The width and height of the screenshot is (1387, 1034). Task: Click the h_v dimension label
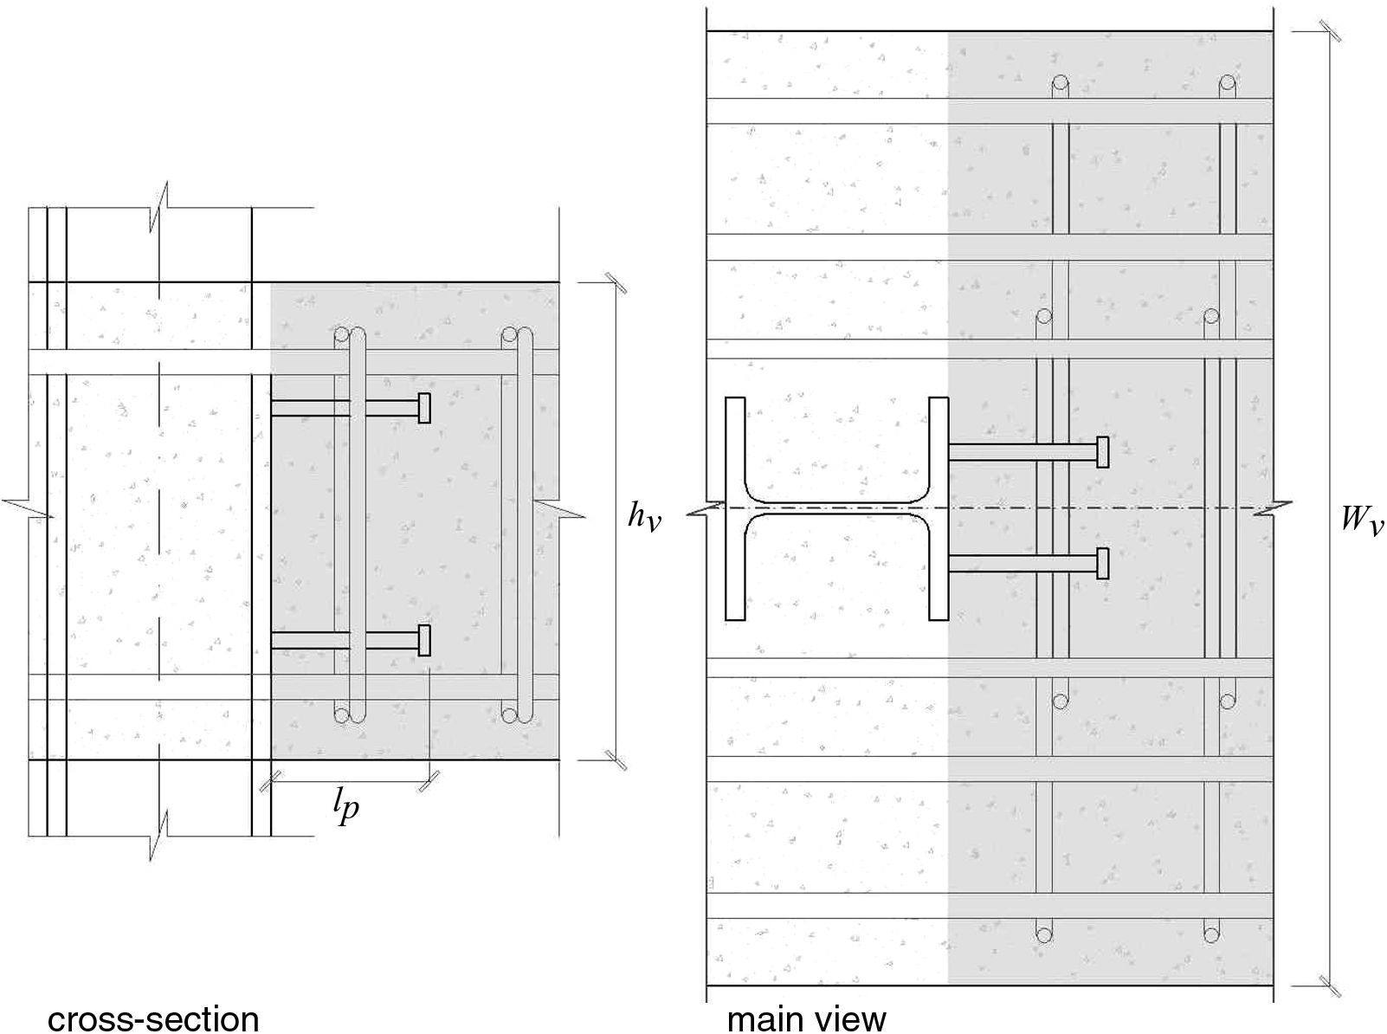pos(643,518)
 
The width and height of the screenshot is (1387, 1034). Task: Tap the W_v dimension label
pos(1362,520)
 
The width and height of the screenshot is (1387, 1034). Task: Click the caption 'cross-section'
pos(153,1018)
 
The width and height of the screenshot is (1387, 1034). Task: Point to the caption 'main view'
pos(806,1018)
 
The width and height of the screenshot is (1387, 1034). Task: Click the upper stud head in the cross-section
pos(424,408)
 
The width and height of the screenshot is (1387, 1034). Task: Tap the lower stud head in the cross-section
pos(424,640)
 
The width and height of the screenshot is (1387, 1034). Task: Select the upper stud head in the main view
pos(1102,452)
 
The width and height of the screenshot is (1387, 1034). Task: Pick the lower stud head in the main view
pos(1102,563)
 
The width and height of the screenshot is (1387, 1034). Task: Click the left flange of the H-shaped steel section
pos(735,508)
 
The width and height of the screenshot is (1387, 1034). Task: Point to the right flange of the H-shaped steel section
pos(939,508)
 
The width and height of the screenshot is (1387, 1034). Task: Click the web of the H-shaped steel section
pos(837,508)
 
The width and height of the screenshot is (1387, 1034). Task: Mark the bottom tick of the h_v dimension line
pos(616,759)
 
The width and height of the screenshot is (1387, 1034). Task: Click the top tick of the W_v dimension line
pos(1331,31)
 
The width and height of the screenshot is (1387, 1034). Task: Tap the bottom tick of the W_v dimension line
pos(1331,986)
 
